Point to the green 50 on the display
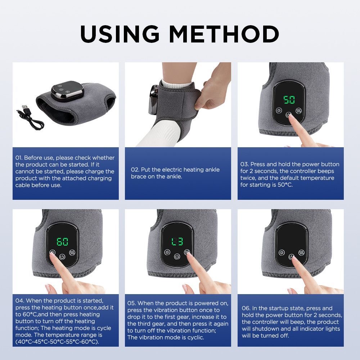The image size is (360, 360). [x=289, y=100]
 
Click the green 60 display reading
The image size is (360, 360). [x=62, y=242]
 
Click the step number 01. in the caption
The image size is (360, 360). [x=19, y=158]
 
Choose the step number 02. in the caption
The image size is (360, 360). [x=135, y=170]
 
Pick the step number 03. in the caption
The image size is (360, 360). [x=244, y=164]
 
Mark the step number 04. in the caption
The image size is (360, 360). [x=20, y=300]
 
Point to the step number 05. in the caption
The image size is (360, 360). [x=131, y=303]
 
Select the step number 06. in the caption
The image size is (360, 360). [x=246, y=308]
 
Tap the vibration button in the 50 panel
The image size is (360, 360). [x=298, y=111]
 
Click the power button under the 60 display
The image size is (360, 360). [x=63, y=257]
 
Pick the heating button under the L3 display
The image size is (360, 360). [x=167, y=252]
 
